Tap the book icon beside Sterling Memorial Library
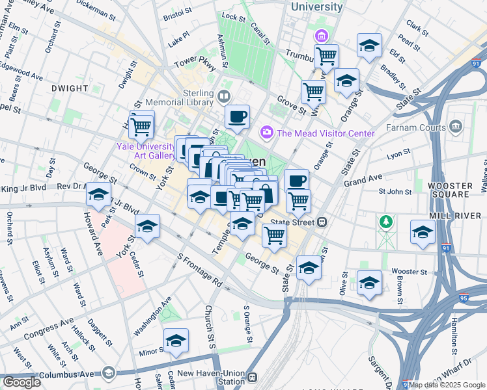tap(224, 97)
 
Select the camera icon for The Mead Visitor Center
tap(267, 133)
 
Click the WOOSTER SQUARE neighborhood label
tap(450, 189)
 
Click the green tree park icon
tap(387, 222)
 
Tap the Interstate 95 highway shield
tap(464, 298)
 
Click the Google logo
tap(21, 382)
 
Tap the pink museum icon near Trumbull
tap(321, 35)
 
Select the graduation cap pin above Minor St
tap(176, 341)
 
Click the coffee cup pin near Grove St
tap(237, 117)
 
